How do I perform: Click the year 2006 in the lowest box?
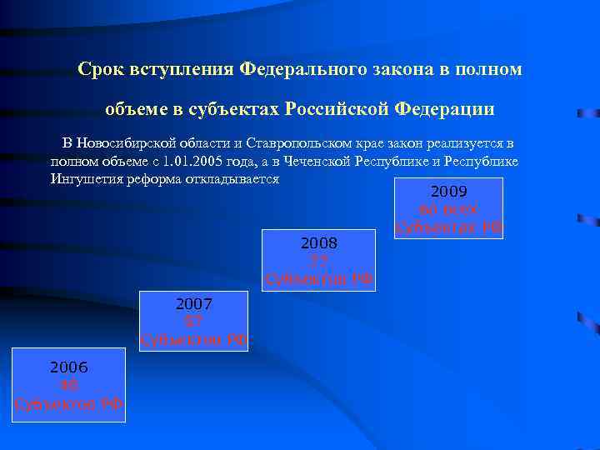pos(69,367)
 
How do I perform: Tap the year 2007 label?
pos(194,304)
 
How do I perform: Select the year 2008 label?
pos(318,243)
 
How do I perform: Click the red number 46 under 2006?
pos(69,385)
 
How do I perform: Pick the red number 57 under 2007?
pos(194,321)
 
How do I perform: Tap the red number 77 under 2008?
pos(318,260)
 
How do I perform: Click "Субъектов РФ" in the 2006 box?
pos(69,403)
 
